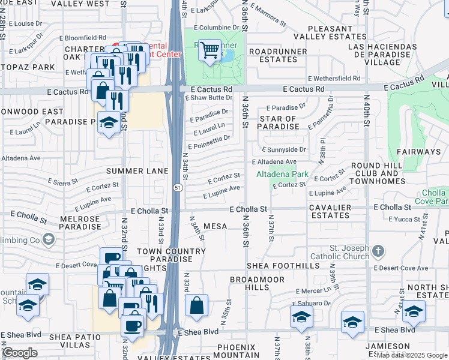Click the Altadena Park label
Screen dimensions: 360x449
tap(282, 175)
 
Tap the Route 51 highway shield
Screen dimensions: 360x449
tap(178, 188)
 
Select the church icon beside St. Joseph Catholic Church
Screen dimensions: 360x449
tap(378, 250)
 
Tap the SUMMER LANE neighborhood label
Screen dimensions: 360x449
tap(137, 171)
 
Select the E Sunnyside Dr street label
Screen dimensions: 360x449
tap(284, 149)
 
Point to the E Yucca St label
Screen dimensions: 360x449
tap(405, 220)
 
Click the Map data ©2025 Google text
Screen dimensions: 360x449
tap(412, 355)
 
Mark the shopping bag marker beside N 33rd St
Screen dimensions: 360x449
tap(196, 306)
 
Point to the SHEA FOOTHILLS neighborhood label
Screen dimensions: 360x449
tap(283, 266)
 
